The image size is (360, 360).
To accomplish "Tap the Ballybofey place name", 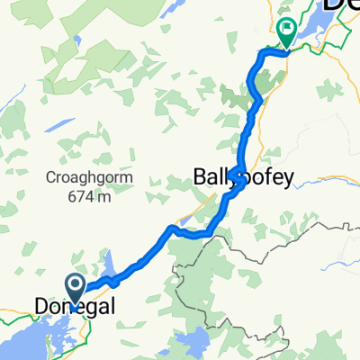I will [243, 178].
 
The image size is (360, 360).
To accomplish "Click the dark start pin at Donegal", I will [76, 288].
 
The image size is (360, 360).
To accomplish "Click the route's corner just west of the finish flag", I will [261, 55].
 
